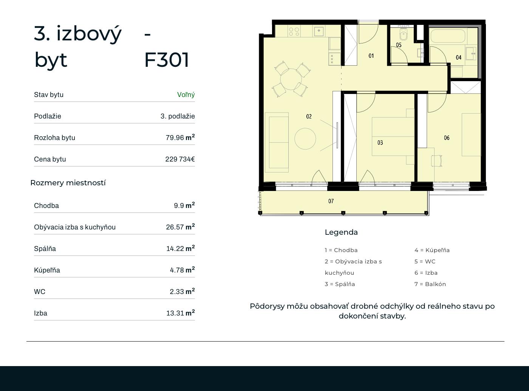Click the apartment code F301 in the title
tap(167, 60)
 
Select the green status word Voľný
tap(186, 95)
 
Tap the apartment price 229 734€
tap(180, 159)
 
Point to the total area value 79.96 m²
tap(180, 137)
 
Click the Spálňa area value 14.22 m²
tap(180, 248)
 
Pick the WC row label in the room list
tap(40, 292)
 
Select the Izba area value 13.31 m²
tap(180, 313)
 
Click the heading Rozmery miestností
tap(68, 183)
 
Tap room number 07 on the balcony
tap(331, 201)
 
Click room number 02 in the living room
tap(309, 117)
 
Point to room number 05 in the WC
tap(399, 45)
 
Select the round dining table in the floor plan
tap(291, 79)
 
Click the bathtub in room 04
tap(447, 36)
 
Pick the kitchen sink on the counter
tap(319, 31)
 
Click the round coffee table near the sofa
tap(305, 139)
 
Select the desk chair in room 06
tap(437, 160)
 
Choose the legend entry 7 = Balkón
tap(430, 284)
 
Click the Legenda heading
tap(341, 232)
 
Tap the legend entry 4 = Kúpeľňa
tap(432, 250)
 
